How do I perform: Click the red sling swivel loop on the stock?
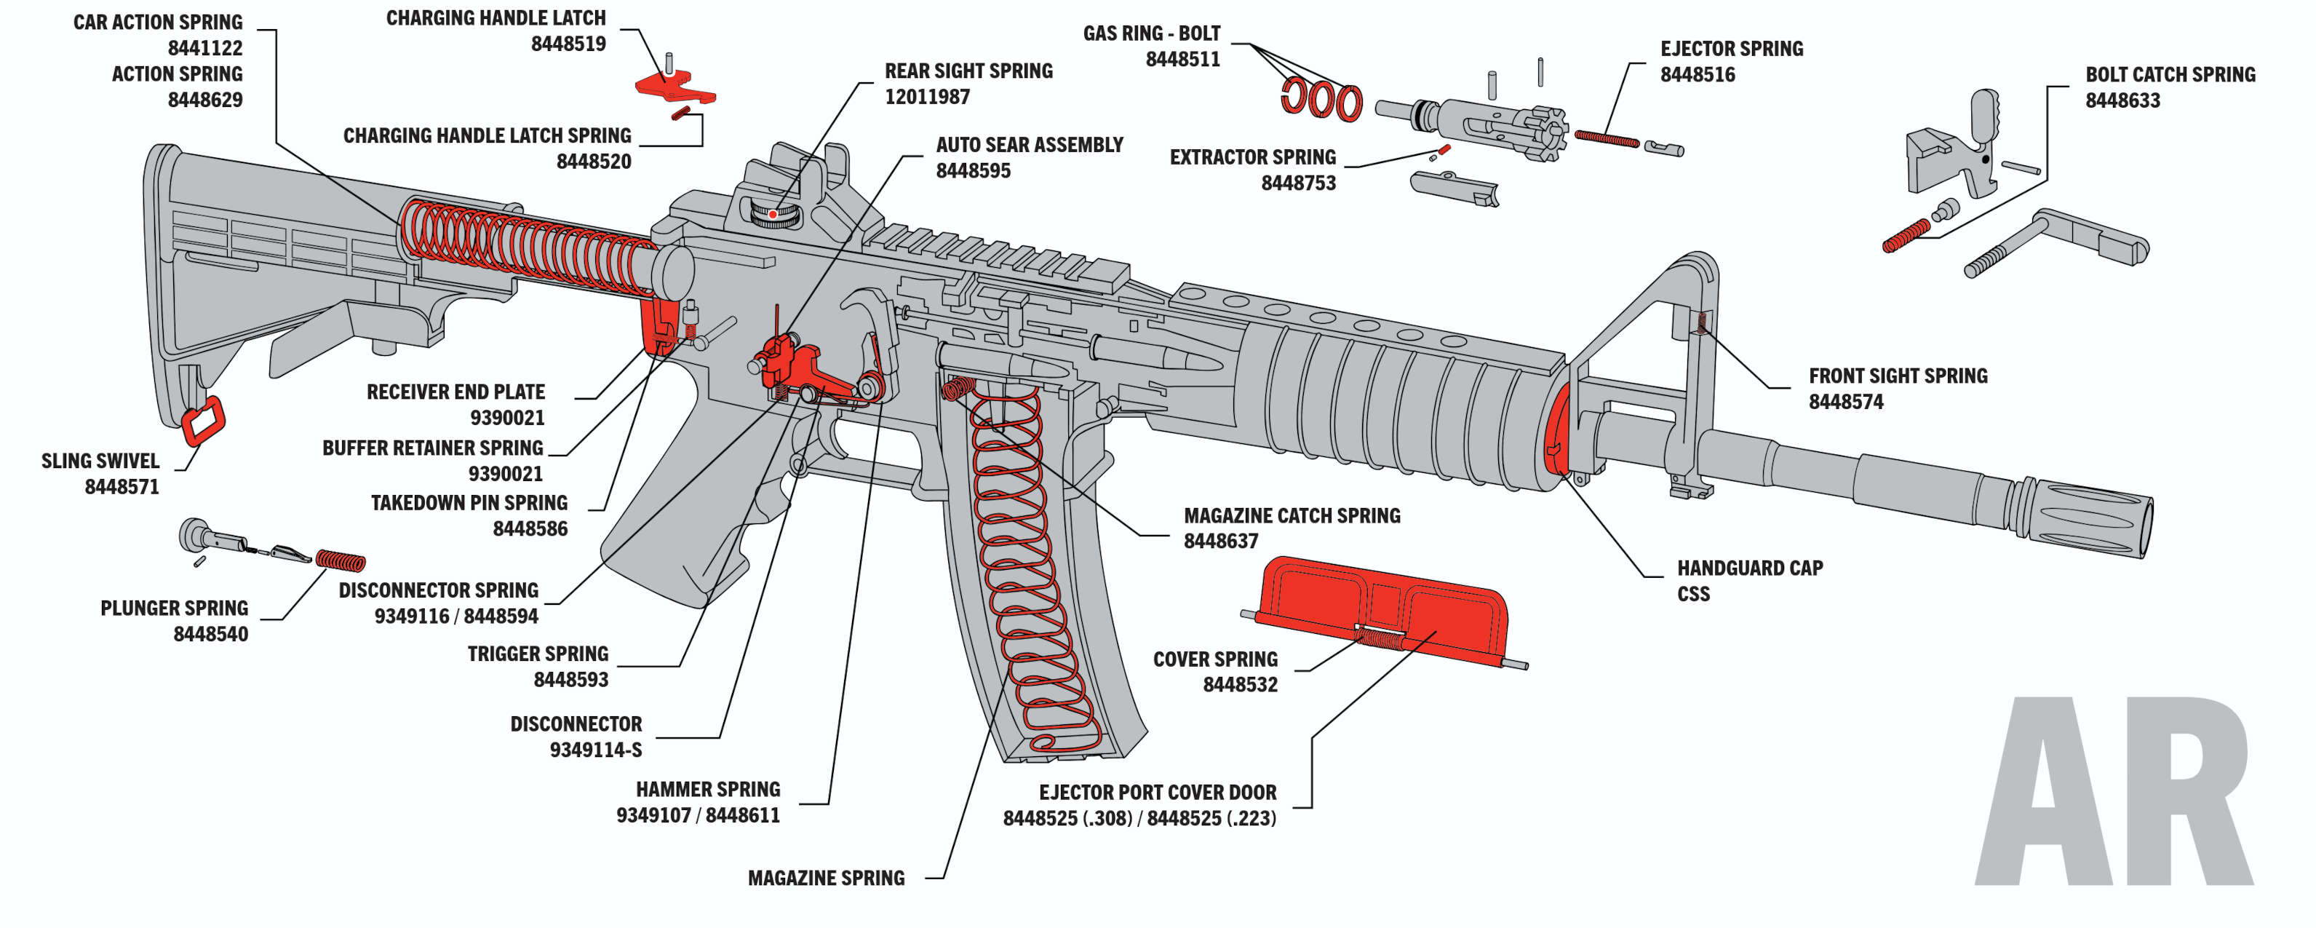pyautogui.click(x=203, y=421)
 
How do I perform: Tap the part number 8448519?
pyautogui.click(x=568, y=43)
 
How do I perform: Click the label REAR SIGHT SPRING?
pyautogui.click(x=968, y=71)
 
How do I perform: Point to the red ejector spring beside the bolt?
pyautogui.click(x=1607, y=138)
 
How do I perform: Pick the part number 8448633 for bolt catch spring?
pyautogui.click(x=2122, y=100)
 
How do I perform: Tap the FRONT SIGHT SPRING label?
pyautogui.click(x=1898, y=376)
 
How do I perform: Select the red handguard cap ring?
pyautogui.click(x=1558, y=430)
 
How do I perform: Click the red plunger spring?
pyautogui.click(x=341, y=561)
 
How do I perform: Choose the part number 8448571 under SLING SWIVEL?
pyautogui.click(x=122, y=486)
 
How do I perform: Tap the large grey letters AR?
pyautogui.click(x=2113, y=791)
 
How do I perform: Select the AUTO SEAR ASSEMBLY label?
pyautogui.click(x=1030, y=145)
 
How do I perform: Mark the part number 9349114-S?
pyautogui.click(x=596, y=750)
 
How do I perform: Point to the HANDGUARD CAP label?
pyautogui.click(x=1750, y=568)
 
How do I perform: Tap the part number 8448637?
pyautogui.click(x=1220, y=541)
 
